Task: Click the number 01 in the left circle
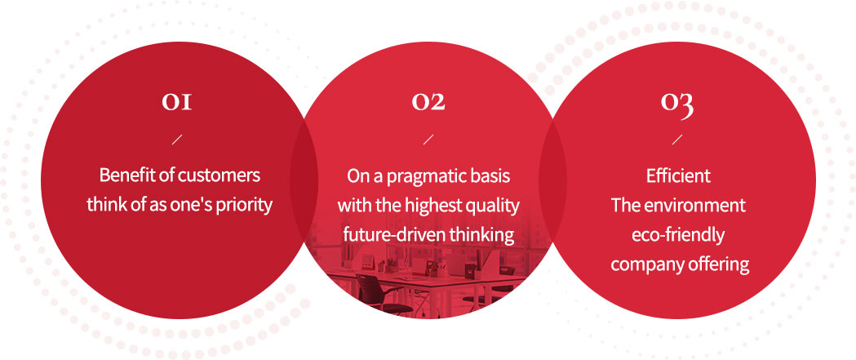point(177,101)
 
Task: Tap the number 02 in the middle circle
point(428,101)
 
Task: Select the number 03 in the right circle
point(677,104)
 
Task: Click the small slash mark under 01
point(177,140)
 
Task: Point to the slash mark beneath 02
point(428,140)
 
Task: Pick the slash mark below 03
point(677,140)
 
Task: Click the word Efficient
point(678,176)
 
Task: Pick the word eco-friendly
point(678,235)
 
